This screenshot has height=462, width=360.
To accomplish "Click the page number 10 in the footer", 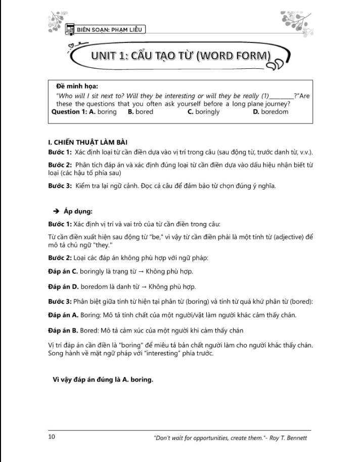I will click(x=51, y=436).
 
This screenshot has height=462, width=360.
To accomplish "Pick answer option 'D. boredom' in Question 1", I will click(x=270, y=112).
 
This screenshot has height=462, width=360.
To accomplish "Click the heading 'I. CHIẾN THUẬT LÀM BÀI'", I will click(x=84, y=142).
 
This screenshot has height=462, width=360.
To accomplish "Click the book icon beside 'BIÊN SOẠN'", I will click(x=70, y=30).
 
